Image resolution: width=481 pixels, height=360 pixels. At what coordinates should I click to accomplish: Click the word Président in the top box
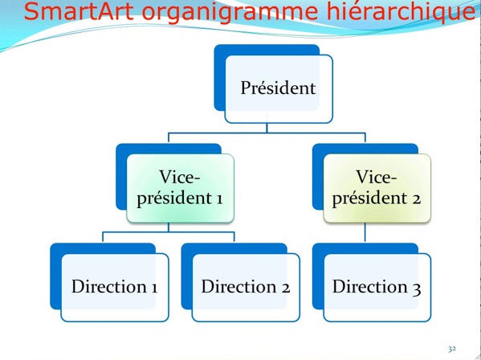[278, 88]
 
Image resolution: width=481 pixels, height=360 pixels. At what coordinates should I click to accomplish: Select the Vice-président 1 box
[181, 188]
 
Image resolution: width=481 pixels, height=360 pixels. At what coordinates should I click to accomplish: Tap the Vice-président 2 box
[377, 188]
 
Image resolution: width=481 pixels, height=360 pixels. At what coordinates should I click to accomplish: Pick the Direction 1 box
[115, 288]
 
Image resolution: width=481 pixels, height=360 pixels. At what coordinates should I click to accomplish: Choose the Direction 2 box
[246, 288]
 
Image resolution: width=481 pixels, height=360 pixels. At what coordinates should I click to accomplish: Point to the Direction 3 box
[377, 288]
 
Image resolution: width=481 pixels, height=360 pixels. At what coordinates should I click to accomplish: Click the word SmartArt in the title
[79, 11]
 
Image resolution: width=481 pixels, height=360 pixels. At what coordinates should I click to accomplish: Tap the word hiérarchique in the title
[401, 12]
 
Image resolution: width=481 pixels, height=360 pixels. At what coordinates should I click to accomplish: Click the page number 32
[452, 349]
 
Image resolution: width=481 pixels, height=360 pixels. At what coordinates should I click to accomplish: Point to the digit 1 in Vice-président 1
[218, 198]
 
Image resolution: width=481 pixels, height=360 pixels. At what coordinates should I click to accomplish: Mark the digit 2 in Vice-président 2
[416, 198]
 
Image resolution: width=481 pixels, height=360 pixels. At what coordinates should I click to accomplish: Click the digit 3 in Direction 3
[417, 288]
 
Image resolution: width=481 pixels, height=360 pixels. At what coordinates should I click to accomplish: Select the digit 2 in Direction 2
[285, 288]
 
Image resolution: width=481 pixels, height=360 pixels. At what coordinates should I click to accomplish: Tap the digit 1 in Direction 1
[153, 288]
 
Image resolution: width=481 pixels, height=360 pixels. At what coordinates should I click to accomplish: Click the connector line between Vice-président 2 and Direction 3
[365, 232]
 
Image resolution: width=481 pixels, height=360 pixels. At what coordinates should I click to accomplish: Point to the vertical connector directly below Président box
[267, 128]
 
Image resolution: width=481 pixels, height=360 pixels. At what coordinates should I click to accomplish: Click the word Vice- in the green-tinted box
[179, 177]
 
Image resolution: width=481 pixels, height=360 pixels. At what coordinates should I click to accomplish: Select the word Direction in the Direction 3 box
[369, 287]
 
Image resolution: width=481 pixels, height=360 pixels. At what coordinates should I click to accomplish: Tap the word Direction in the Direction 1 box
[109, 287]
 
